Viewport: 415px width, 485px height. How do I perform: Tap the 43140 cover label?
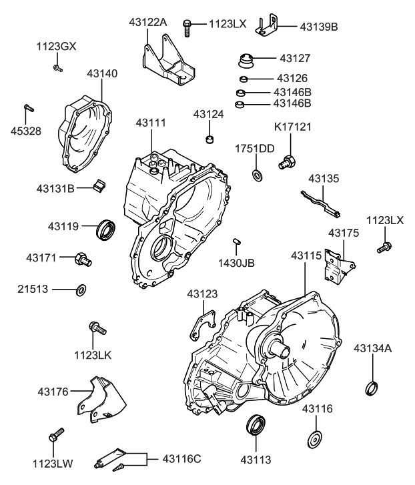[x=102, y=73]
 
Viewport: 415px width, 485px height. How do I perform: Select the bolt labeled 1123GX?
[x=57, y=67]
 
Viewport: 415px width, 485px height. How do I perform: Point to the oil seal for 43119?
[x=106, y=228]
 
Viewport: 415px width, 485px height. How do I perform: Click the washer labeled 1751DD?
[x=257, y=175]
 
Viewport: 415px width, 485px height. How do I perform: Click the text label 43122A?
[x=147, y=23]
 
